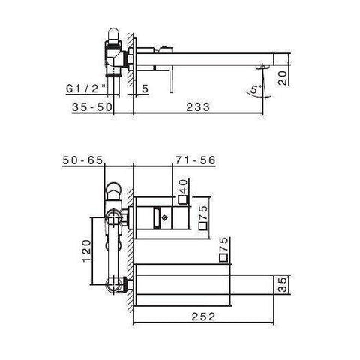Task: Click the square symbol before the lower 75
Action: coord(223,258)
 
